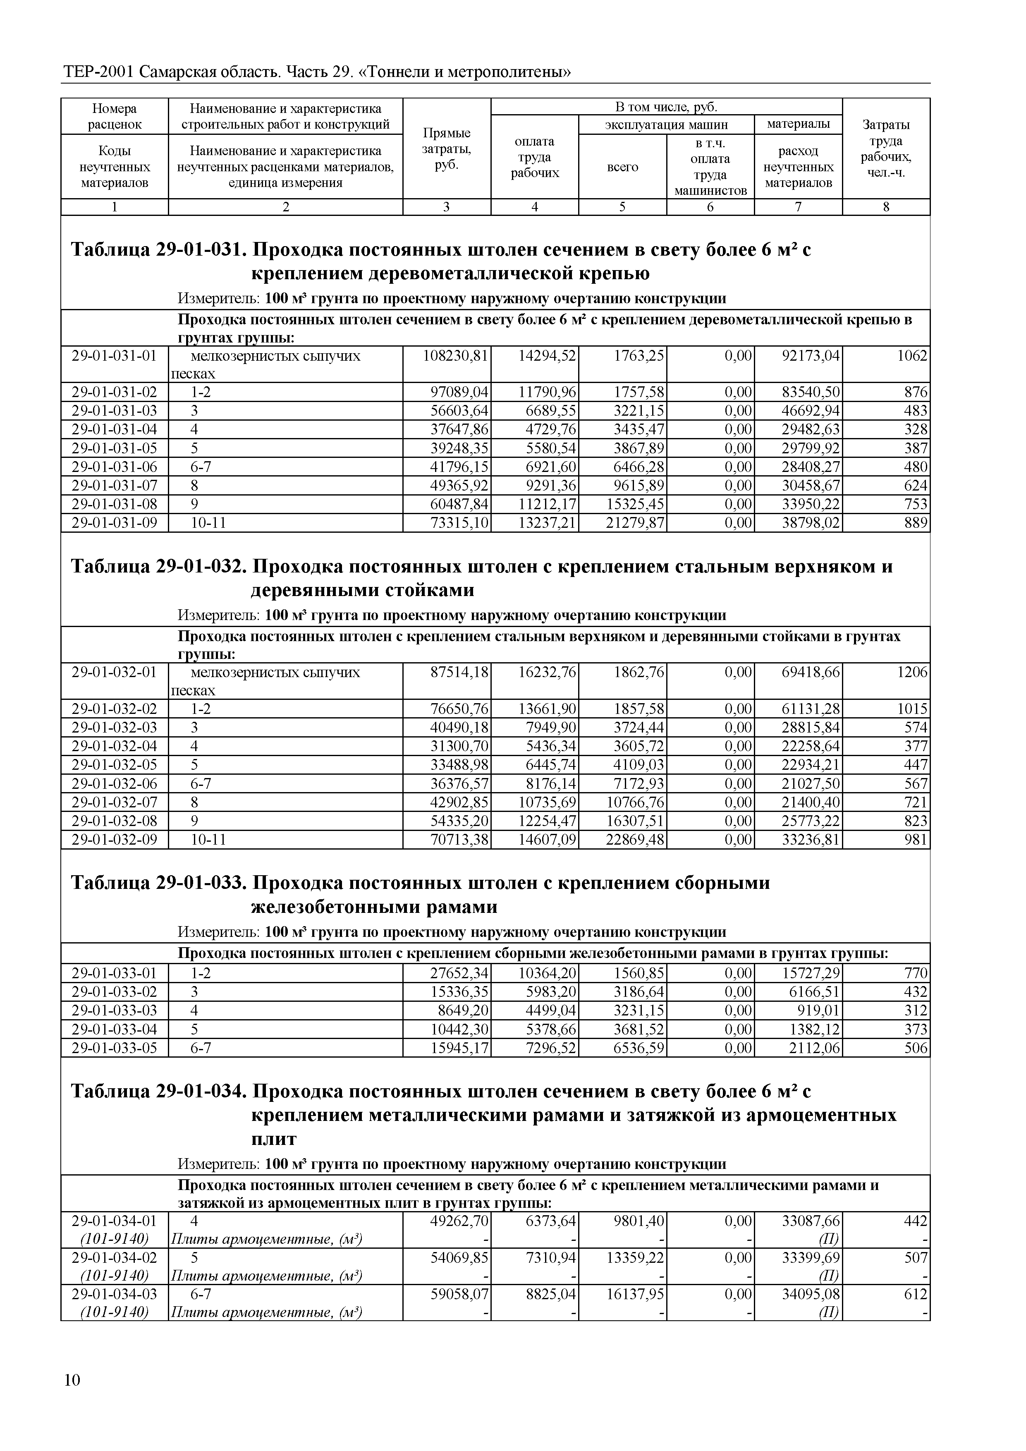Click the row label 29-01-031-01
(115, 356)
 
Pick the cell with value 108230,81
(455, 356)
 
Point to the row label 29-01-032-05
(115, 765)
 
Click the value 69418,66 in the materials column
(811, 673)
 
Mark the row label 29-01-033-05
(115, 1049)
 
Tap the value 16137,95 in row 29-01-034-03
(635, 1294)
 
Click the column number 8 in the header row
(886, 207)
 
